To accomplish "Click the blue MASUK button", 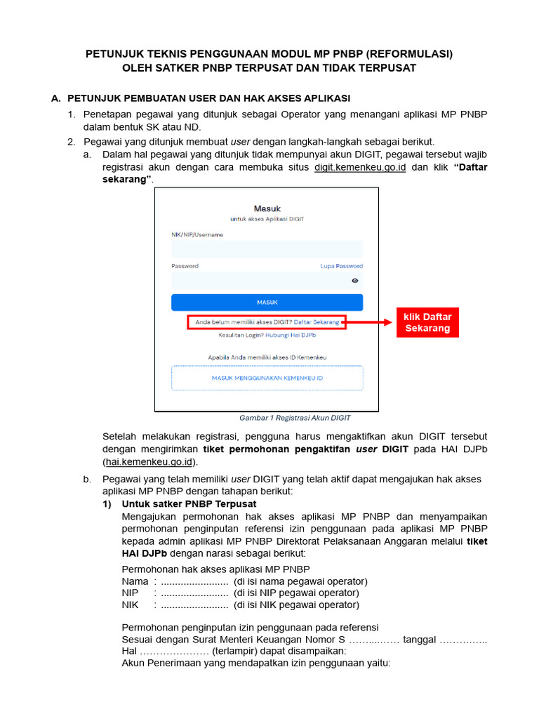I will [x=267, y=303].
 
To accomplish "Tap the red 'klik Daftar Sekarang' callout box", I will [x=427, y=322].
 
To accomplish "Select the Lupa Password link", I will [x=341, y=266].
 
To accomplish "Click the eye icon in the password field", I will [x=355, y=281].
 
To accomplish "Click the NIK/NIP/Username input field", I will [x=267, y=249].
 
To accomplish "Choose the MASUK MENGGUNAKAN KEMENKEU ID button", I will [x=267, y=378].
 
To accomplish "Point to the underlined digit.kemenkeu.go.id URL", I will [x=360, y=168].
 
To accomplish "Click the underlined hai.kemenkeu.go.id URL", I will [x=150, y=462].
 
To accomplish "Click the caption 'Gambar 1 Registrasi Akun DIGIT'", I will [x=295, y=418].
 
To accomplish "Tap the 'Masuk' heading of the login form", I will [x=267, y=209].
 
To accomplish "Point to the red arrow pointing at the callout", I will [x=369, y=322].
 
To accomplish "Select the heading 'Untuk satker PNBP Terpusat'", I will [x=189, y=504].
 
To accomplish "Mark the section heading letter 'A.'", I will [x=57, y=98].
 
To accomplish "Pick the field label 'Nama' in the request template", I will [x=135, y=581].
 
